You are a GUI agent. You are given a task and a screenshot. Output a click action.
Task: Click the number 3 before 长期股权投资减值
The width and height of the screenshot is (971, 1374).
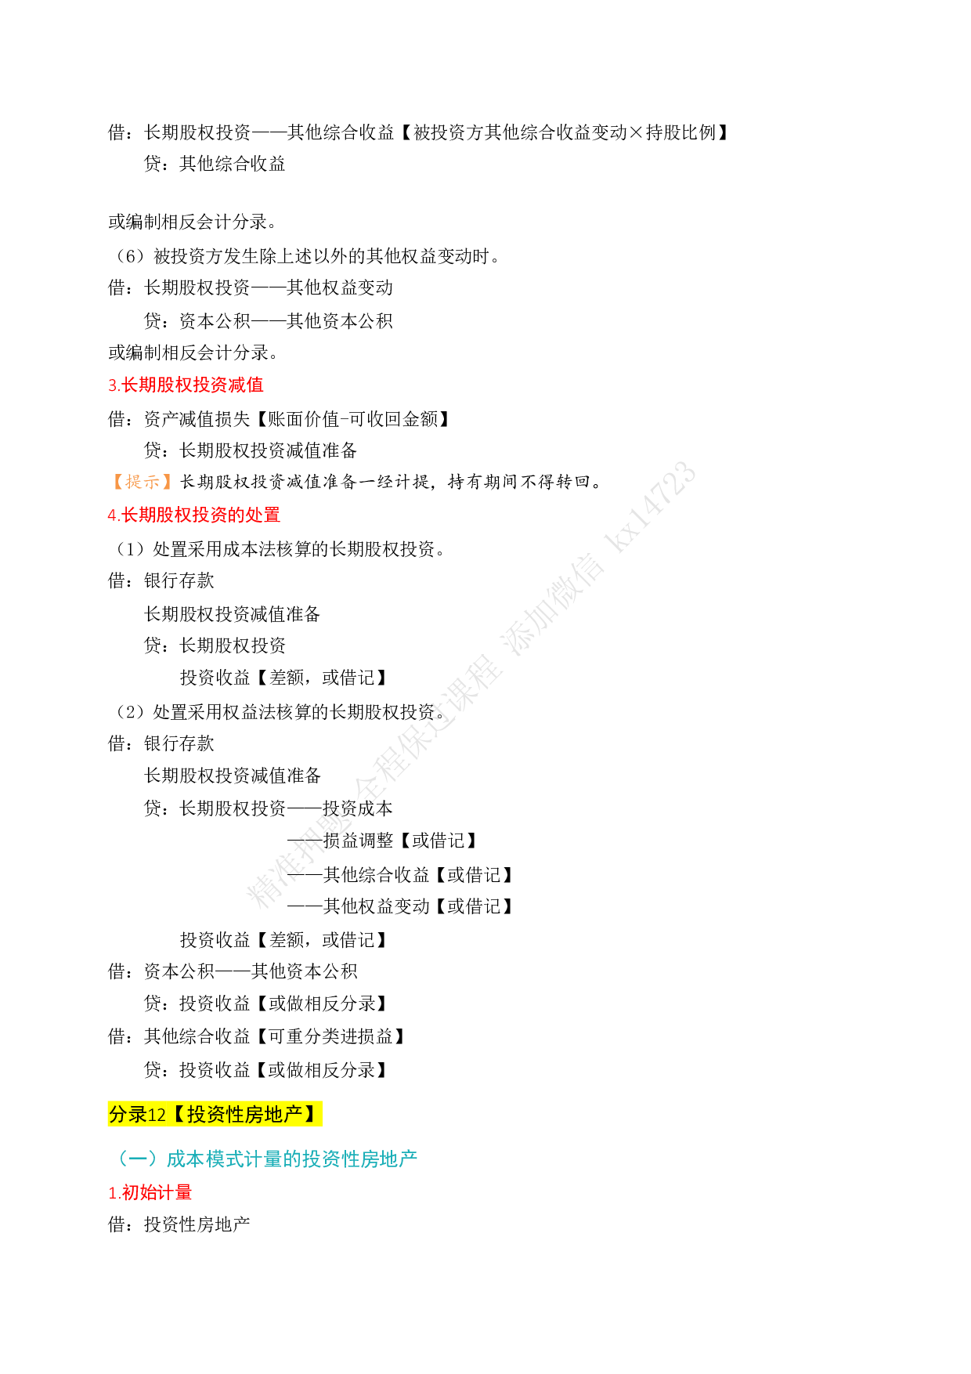coord(112,385)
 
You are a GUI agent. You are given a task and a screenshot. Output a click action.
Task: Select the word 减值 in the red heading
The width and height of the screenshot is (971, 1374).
coord(246,385)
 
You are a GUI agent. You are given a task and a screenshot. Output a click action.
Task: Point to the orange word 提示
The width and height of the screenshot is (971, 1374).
coord(143,482)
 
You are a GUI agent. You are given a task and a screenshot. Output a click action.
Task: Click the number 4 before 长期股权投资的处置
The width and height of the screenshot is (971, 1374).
coord(112,515)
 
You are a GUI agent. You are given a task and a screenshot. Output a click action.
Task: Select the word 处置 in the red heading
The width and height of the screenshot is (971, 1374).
coord(262,515)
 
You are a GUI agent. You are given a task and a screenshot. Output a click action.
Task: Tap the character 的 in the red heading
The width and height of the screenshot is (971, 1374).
coord(236,515)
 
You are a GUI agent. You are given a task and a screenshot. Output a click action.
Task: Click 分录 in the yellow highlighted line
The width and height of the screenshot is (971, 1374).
coord(128,1114)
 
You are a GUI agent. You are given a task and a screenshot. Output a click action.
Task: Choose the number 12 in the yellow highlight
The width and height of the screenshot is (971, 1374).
coord(157,1115)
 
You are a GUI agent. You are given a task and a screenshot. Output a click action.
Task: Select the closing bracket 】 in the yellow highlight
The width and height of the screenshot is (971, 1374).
coord(311,1114)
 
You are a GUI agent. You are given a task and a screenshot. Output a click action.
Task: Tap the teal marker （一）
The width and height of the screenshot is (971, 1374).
coord(137,1159)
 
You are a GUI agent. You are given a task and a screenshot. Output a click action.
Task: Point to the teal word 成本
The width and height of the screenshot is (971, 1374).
coord(185,1159)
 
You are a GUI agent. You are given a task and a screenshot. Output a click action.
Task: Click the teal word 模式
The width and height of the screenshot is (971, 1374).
coord(224,1159)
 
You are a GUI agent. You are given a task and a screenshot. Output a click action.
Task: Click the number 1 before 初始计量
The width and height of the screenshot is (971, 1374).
coord(112,1193)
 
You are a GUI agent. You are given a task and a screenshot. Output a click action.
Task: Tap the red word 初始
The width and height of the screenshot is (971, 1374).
coord(139,1192)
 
